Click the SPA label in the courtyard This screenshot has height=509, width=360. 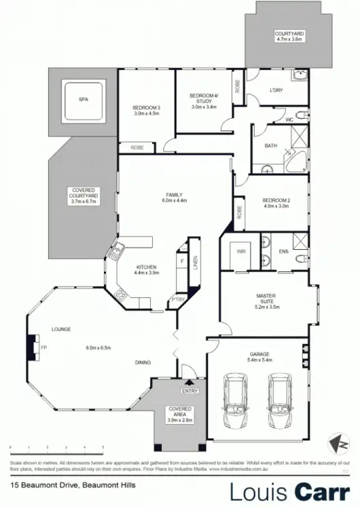(x=84, y=100)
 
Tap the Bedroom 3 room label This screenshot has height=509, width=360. (x=146, y=108)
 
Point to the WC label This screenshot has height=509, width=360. (x=289, y=119)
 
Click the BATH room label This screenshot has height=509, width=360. (x=270, y=145)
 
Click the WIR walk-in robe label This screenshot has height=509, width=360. (x=240, y=251)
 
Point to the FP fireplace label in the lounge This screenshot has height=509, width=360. (x=44, y=349)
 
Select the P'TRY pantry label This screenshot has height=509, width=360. (x=177, y=299)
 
